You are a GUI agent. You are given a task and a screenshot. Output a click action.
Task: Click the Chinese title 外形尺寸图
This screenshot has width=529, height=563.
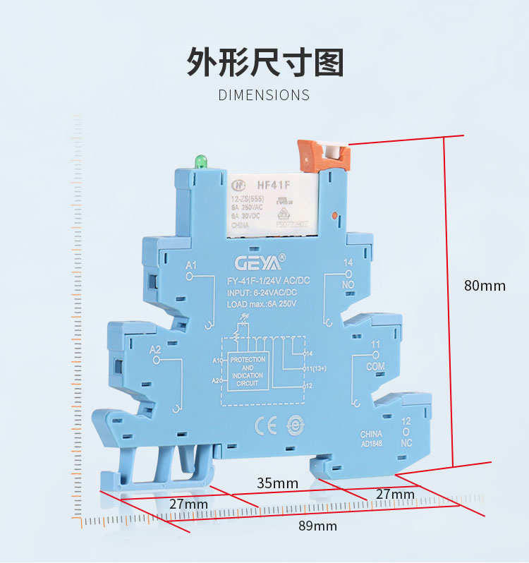264,62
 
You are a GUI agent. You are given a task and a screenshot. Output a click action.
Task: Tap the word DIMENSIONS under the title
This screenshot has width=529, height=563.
264,95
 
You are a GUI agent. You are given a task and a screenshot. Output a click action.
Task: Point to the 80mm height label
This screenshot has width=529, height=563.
485,286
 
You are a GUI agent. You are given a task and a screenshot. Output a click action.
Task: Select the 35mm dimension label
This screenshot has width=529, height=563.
277,483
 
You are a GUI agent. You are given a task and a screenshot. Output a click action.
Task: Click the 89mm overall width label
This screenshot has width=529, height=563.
317,526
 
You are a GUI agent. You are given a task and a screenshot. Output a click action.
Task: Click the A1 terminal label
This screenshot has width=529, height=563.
190,265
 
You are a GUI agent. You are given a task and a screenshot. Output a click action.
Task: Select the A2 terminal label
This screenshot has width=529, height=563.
156,350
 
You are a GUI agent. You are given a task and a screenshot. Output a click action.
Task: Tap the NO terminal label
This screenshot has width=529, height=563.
348,284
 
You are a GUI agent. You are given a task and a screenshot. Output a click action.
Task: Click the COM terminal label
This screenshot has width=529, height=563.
376,368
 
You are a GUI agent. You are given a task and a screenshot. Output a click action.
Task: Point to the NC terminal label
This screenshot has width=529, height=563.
406,443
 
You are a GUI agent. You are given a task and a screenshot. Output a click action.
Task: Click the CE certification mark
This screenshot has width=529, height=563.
262,425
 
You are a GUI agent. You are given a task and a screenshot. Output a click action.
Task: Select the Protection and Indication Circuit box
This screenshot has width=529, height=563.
248,370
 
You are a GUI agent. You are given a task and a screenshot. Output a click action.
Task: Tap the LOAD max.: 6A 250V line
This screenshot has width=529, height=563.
262,303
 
